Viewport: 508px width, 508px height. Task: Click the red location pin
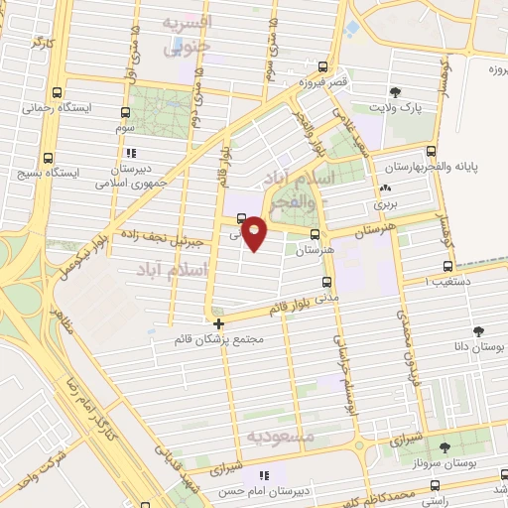[x=254, y=232]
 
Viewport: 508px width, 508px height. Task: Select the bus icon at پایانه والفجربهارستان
[x=431, y=152]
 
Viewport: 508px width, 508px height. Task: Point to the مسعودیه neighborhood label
[x=281, y=437]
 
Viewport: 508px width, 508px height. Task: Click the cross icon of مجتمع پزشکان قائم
[x=219, y=322]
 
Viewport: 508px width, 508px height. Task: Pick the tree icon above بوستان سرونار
[x=444, y=448]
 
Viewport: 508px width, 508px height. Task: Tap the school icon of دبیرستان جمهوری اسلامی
[x=131, y=154]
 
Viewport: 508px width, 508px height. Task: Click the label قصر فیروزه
[x=323, y=83]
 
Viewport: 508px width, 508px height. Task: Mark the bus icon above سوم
[x=126, y=113]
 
